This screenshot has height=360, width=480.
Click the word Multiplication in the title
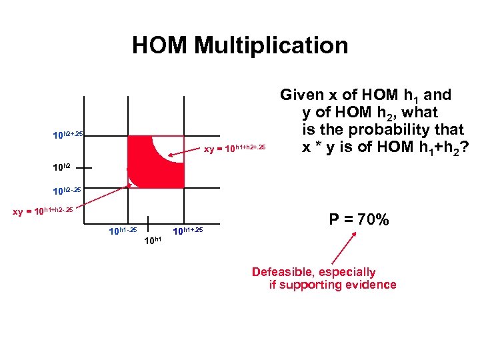(x=271, y=46)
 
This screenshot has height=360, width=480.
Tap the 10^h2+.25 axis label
(x=68, y=135)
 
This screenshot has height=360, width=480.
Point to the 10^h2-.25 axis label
(x=68, y=189)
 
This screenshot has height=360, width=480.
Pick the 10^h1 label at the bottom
(x=153, y=241)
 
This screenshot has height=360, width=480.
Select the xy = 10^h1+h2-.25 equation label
(x=44, y=211)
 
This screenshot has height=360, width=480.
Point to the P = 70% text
(x=360, y=219)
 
